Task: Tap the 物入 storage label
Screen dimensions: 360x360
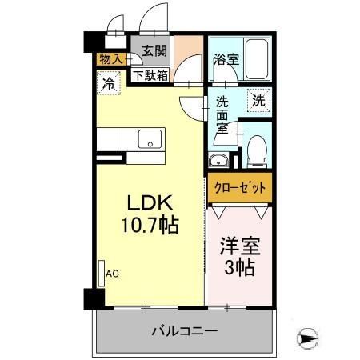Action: [x=110, y=58]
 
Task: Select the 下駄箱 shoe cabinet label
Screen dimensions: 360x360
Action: [x=150, y=76]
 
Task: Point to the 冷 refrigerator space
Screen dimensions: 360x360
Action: [x=107, y=81]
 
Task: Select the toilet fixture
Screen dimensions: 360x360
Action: [x=256, y=148]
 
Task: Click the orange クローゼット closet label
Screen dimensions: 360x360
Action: [x=239, y=188]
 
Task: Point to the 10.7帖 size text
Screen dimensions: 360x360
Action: [x=150, y=225]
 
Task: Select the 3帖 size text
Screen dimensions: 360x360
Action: [x=239, y=268]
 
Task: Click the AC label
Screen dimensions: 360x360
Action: [x=113, y=273]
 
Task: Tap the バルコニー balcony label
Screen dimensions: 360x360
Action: [x=183, y=330]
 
